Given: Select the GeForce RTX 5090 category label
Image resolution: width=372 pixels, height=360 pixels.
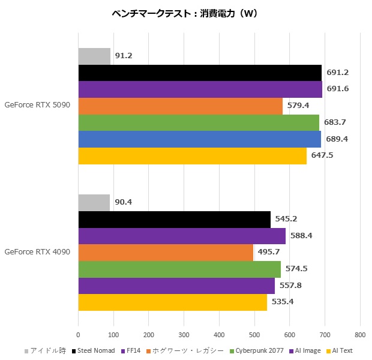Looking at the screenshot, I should [x=37, y=105].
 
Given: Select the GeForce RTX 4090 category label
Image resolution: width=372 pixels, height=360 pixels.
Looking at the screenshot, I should [x=37, y=252].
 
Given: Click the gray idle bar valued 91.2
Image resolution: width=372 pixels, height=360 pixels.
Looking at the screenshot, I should [x=94, y=56].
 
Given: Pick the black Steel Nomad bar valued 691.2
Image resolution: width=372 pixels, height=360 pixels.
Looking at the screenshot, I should [x=200, y=73].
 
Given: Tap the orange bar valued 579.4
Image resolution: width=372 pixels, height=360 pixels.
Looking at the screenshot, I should [x=180, y=106].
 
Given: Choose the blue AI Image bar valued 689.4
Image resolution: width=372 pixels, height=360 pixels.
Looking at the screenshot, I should [x=199, y=139].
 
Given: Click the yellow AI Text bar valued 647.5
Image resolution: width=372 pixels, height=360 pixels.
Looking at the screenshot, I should [x=192, y=155].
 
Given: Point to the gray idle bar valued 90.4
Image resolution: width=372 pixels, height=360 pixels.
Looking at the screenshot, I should [x=94, y=203].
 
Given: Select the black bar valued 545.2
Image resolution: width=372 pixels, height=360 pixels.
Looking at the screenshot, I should [x=174, y=220].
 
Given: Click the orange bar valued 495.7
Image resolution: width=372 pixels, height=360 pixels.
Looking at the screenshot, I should [x=166, y=253].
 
